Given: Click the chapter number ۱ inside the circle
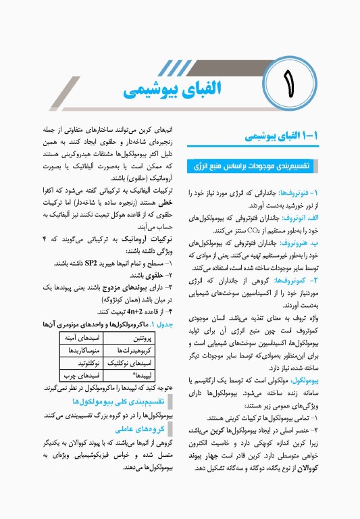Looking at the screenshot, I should (x=291, y=87).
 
